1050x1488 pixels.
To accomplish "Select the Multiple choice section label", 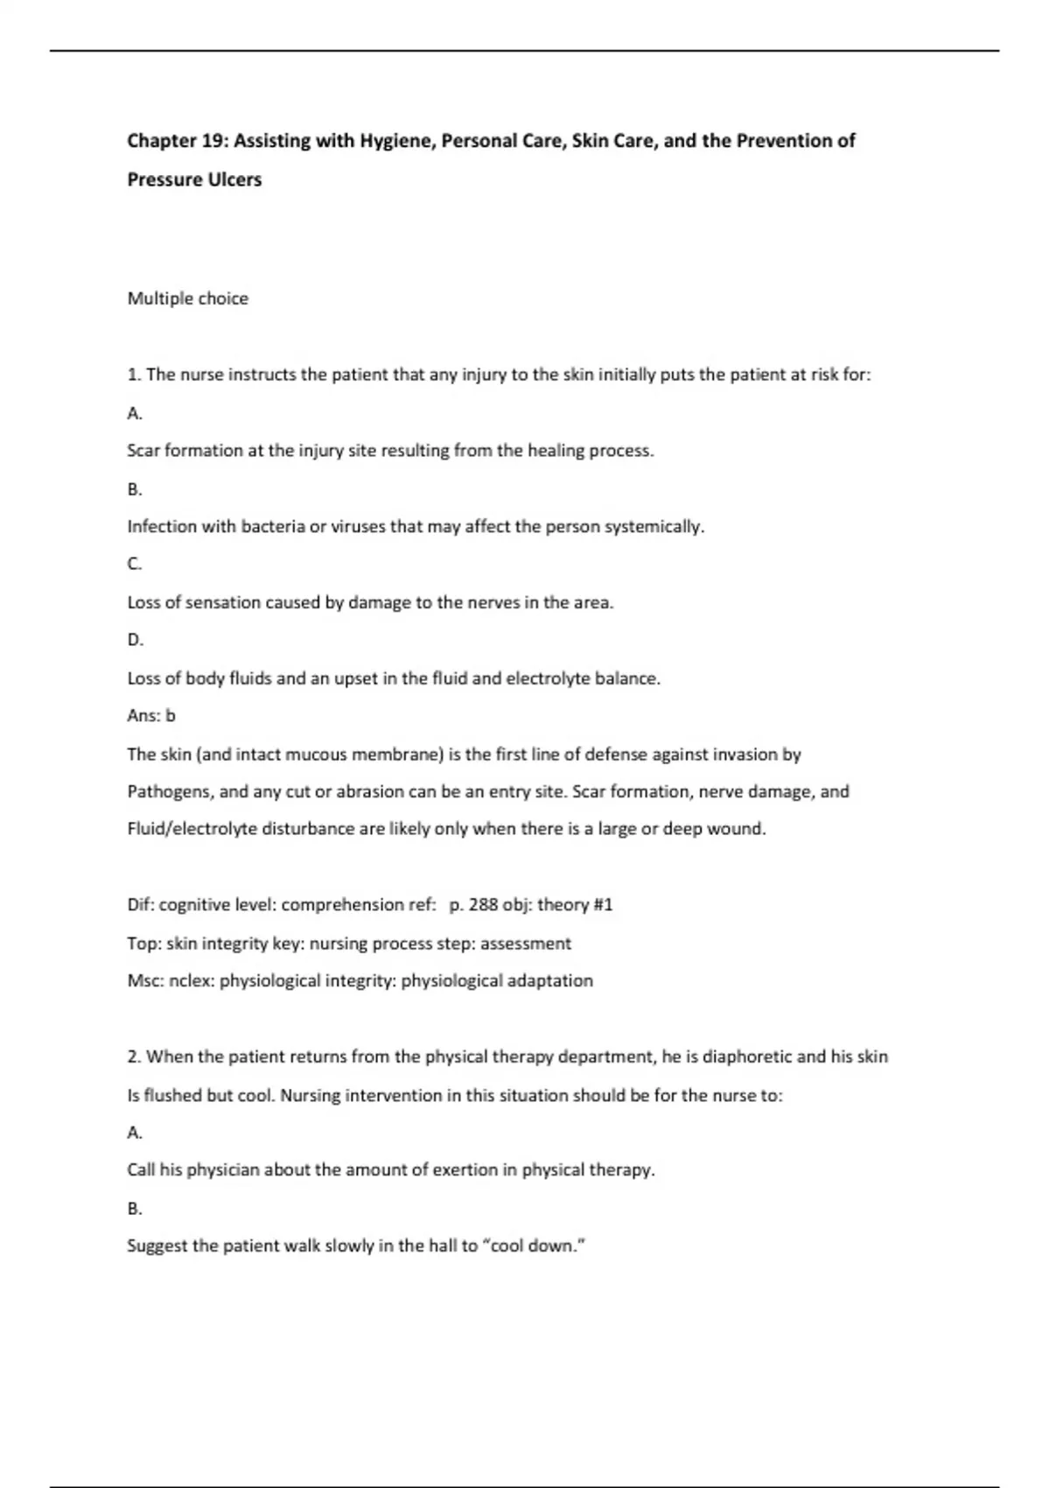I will click(187, 298).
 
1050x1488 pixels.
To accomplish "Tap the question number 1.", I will click(134, 375).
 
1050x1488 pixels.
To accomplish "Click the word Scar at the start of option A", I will click(143, 451).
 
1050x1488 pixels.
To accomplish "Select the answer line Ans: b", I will click(150, 716).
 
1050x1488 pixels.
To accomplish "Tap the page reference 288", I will click(483, 905).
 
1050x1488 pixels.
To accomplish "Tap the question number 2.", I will click(134, 1057).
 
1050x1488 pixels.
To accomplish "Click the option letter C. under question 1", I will click(134, 565).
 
